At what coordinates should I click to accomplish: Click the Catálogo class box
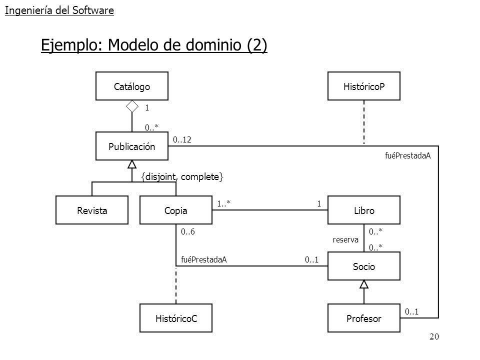point(132,86)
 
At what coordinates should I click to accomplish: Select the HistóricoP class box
point(364,86)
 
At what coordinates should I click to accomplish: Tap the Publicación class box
point(132,146)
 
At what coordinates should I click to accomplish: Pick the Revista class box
point(92,210)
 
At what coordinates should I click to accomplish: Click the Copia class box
point(176,210)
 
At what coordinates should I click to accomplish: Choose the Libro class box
point(364,210)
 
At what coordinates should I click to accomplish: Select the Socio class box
point(364,266)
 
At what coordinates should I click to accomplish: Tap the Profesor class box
point(364,318)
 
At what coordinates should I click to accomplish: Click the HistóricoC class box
point(176,318)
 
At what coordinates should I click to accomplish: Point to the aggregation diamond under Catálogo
point(132,106)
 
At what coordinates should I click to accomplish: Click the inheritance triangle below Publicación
point(132,164)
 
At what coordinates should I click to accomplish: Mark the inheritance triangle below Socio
point(364,284)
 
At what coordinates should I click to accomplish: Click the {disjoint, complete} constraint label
point(182,177)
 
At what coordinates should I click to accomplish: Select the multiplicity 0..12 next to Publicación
point(182,139)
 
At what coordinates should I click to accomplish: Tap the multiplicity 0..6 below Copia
point(187,231)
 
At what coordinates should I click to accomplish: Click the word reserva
point(345,239)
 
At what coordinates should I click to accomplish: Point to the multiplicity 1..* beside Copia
point(224,203)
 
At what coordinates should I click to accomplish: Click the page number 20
point(434,336)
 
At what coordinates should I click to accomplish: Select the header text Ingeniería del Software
point(59,10)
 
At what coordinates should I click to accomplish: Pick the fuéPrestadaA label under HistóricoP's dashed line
point(408,155)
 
